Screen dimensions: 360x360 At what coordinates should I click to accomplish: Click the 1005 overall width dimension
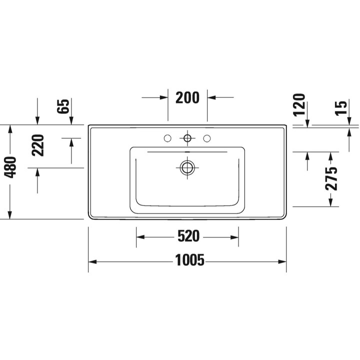189,260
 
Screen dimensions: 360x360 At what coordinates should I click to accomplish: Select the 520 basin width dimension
188,236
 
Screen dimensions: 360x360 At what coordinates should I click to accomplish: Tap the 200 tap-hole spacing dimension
187,97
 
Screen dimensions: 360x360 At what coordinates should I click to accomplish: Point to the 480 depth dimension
10,167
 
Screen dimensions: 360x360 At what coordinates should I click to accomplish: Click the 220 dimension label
38,145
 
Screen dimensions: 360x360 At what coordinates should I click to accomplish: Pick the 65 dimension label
63,106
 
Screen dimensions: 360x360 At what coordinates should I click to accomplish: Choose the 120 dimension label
299,104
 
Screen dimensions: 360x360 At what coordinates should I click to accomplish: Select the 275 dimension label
331,179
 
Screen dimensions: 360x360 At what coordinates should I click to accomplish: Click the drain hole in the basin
187,167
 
